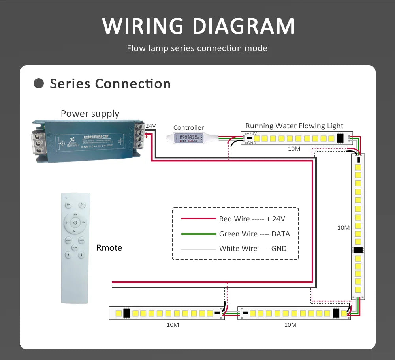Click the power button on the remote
click(75, 223)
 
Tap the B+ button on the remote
click(68, 205)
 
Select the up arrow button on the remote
click(68, 255)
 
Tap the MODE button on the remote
click(68, 240)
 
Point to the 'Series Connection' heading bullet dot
click(39, 84)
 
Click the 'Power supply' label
click(90, 114)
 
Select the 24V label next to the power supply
click(150, 126)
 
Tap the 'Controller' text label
click(188, 127)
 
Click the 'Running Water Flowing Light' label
click(294, 126)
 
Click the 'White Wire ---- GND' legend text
click(253, 249)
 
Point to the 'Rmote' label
click(109, 248)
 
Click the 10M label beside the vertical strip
click(343, 228)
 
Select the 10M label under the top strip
click(294, 149)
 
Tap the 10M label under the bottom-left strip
click(173, 325)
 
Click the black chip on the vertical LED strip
click(358, 250)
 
